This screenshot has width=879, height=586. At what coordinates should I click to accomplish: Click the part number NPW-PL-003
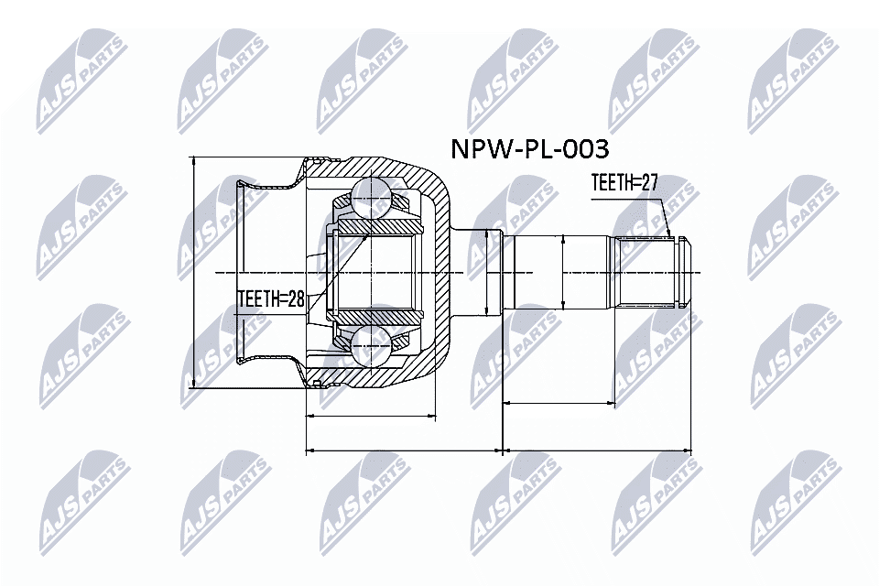click(x=529, y=149)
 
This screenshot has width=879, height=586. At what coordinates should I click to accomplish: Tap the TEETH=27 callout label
click(x=625, y=183)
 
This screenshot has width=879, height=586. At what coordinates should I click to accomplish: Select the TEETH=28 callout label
click(x=270, y=298)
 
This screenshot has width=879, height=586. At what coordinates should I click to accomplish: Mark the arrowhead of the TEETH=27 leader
click(x=670, y=234)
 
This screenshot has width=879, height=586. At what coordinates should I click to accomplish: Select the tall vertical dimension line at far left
click(x=194, y=273)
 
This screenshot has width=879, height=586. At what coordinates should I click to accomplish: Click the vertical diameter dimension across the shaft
click(x=563, y=273)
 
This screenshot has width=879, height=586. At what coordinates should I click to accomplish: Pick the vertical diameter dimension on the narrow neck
click(x=502, y=273)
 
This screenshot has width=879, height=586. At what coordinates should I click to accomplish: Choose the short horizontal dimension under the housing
click(x=371, y=416)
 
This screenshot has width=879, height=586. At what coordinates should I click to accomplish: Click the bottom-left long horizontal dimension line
click(x=403, y=450)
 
